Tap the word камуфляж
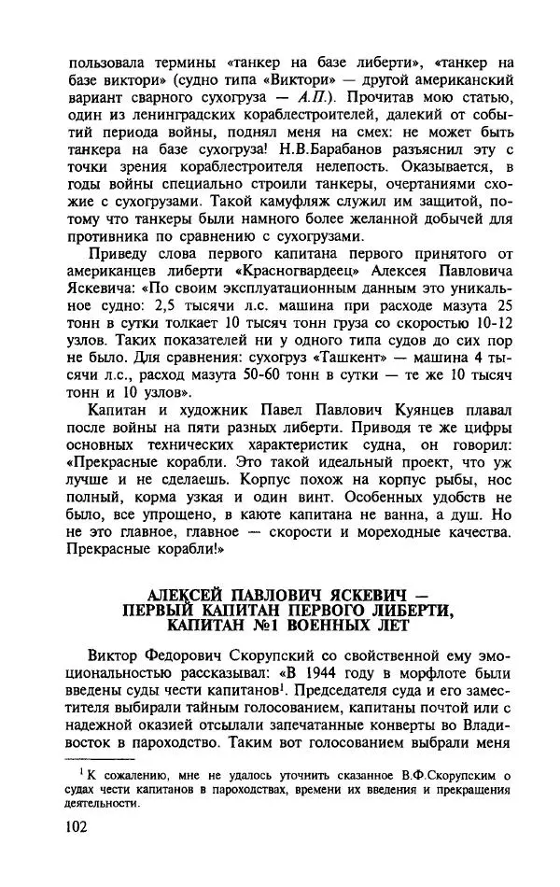click(273, 202)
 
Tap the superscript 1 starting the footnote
click(81, 769)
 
